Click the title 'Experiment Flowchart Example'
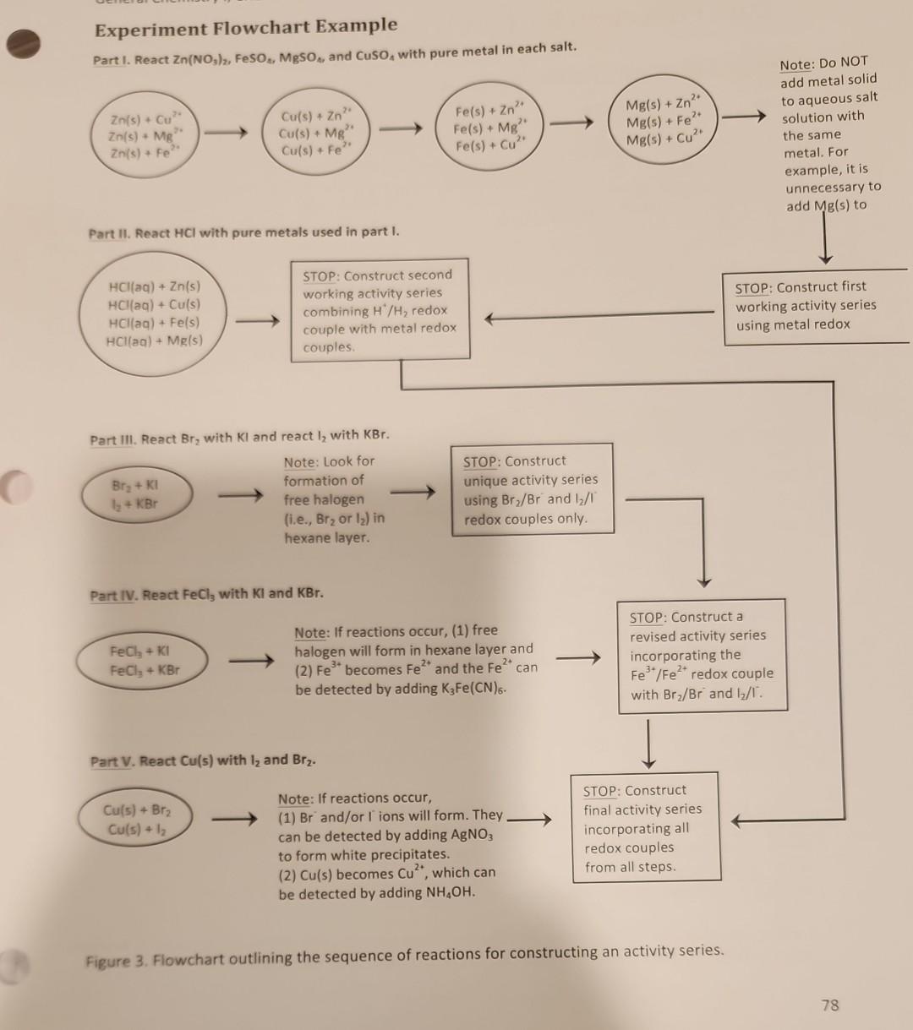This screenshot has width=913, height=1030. pyautogui.click(x=245, y=29)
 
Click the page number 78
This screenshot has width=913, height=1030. pyautogui.click(x=829, y=1005)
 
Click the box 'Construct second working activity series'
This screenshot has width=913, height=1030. pyautogui.click(x=380, y=310)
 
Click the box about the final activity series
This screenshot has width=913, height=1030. pyautogui.click(x=643, y=828)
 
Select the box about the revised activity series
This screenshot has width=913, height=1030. pyautogui.click(x=701, y=656)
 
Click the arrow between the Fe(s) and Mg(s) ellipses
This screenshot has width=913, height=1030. pyautogui.click(x=572, y=127)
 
